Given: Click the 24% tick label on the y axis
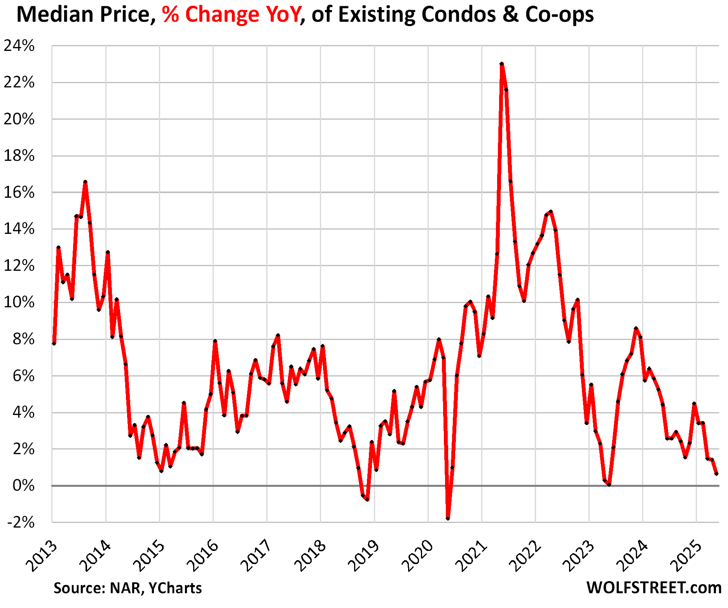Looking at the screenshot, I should [x=19, y=46].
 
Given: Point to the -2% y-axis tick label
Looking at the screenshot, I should [x=21, y=523].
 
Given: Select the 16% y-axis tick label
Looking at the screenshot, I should [x=19, y=193].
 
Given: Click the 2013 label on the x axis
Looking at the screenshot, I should [x=42, y=556].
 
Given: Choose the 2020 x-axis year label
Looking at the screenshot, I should [x=418, y=556].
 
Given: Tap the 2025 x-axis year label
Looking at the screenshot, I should [x=686, y=556].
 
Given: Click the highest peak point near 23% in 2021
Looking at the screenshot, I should [x=501, y=64].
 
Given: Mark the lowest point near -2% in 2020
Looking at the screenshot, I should [x=448, y=519].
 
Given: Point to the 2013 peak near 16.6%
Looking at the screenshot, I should [x=85, y=182].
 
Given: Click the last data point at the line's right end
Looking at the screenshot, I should [x=716, y=474].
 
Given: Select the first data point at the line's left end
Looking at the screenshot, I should [x=54, y=343].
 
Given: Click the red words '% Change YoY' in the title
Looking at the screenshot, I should [x=232, y=15].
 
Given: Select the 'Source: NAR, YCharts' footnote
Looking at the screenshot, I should [x=127, y=588].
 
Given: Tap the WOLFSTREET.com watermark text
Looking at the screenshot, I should [x=654, y=588].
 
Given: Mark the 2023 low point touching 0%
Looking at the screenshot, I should [x=609, y=484].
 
